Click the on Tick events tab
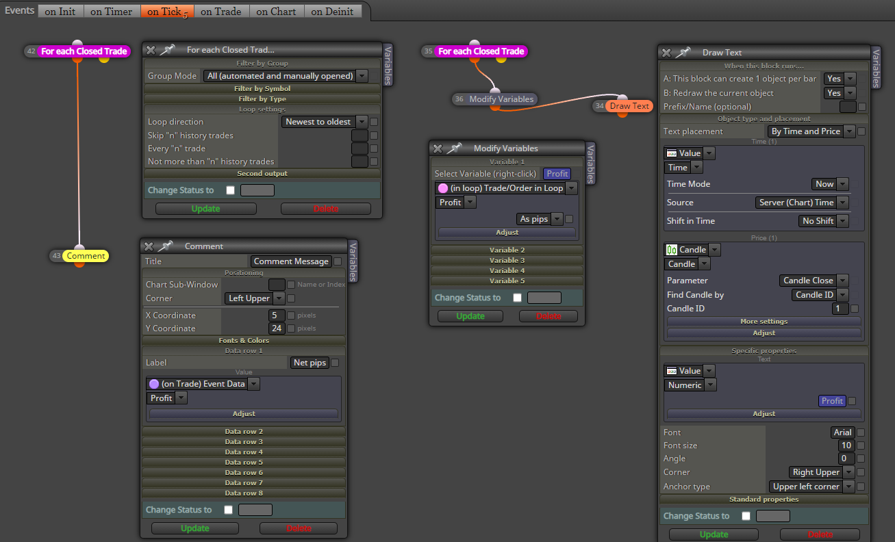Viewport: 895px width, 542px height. [x=167, y=12]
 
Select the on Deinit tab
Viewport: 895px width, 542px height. [x=332, y=12]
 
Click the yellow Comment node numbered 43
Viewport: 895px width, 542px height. [x=86, y=256]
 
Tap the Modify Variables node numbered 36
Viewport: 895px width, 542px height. [x=501, y=99]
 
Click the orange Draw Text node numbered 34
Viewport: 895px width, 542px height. [x=629, y=106]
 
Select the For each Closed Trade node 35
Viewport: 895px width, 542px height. [x=481, y=51]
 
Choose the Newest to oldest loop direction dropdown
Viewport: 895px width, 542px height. [x=324, y=121]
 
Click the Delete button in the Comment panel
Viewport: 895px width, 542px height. [x=299, y=528]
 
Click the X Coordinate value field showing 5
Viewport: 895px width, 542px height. [x=276, y=315]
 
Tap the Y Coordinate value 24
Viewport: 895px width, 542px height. [x=276, y=328]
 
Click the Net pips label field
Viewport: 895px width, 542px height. [x=310, y=363]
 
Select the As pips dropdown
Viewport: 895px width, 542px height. [x=540, y=219]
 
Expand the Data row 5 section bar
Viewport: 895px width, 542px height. [x=244, y=462]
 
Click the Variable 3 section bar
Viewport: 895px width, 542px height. [x=507, y=261]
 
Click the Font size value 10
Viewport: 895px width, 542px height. [x=846, y=446]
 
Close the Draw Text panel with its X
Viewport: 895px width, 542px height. [x=666, y=53]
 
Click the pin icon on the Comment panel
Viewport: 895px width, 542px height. [x=166, y=246]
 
